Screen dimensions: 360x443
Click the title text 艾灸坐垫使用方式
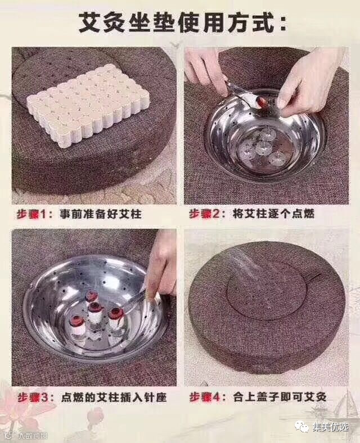[176, 22]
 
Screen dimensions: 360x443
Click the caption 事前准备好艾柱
[100, 214]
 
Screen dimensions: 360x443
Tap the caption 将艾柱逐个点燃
[273, 214]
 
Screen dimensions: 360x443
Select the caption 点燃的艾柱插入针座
[114, 397]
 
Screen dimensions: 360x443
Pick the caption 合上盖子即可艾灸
[280, 397]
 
